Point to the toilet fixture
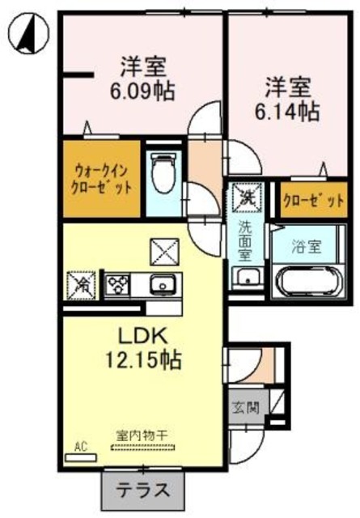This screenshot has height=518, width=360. point(163,173)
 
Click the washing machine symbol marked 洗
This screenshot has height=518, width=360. point(244,195)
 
